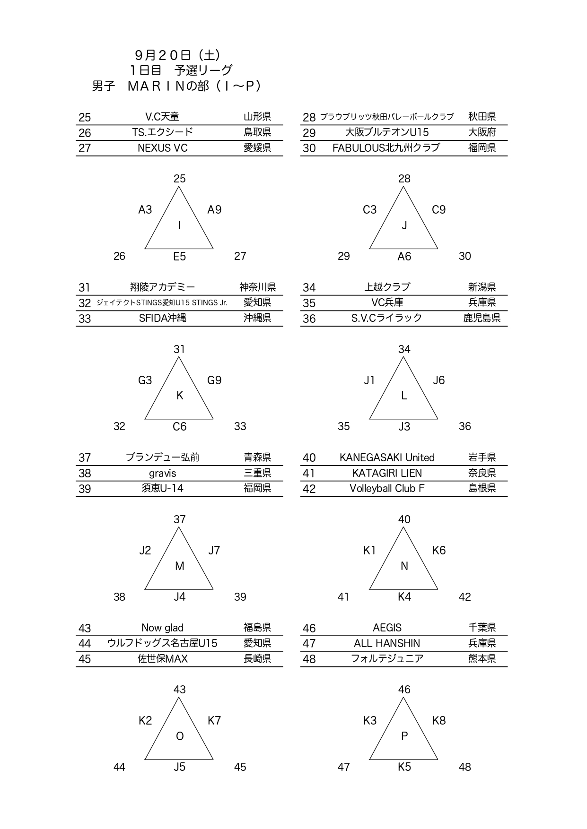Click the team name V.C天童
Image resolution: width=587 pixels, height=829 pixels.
click(162, 117)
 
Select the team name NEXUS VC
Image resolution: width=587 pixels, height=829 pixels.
click(162, 148)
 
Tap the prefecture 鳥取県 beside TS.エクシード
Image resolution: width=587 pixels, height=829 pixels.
click(257, 132)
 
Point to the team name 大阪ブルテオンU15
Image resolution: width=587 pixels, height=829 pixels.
click(387, 132)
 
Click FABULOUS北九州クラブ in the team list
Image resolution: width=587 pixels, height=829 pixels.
click(386, 148)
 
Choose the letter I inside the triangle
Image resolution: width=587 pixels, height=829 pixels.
click(179, 225)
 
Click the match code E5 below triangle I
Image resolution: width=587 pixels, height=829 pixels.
click(179, 257)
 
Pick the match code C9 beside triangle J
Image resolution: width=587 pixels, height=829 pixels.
click(438, 210)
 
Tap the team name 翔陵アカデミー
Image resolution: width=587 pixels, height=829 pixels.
click(162, 287)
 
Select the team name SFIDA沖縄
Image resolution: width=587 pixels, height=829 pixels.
click(162, 318)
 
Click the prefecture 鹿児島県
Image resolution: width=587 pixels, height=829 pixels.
click(482, 318)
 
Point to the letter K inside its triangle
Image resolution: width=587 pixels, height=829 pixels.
click(179, 396)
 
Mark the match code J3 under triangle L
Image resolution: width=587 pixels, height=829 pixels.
click(404, 427)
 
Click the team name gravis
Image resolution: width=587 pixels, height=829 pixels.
click(162, 473)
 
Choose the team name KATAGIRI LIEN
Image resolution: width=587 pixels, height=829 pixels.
click(387, 473)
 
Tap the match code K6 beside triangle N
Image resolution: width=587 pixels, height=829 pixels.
click(438, 550)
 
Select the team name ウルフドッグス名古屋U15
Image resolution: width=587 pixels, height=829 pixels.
click(162, 643)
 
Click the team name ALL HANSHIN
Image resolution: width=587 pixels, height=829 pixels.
click(387, 643)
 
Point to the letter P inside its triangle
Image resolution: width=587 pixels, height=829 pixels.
click(404, 736)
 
